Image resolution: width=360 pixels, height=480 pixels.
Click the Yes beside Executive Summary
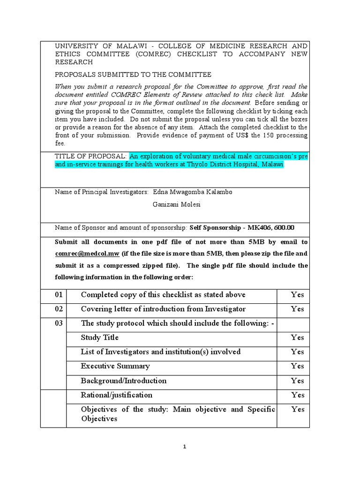pyautogui.click(x=297, y=366)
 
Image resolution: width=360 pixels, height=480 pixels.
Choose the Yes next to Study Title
pyautogui.click(x=297, y=337)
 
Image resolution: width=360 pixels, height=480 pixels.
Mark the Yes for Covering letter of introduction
pyautogui.click(x=297, y=309)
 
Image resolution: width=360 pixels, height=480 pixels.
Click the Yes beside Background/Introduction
pyautogui.click(x=297, y=381)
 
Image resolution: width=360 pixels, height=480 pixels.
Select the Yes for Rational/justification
pyautogui.click(x=297, y=395)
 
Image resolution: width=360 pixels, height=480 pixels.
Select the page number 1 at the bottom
pyautogui.click(x=185, y=447)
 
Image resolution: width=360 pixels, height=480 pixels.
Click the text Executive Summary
pyautogui.click(x=115, y=366)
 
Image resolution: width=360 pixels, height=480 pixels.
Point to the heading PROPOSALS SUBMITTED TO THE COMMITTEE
pyautogui.click(x=133, y=75)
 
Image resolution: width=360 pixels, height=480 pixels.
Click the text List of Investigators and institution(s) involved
pyautogui.click(x=160, y=352)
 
